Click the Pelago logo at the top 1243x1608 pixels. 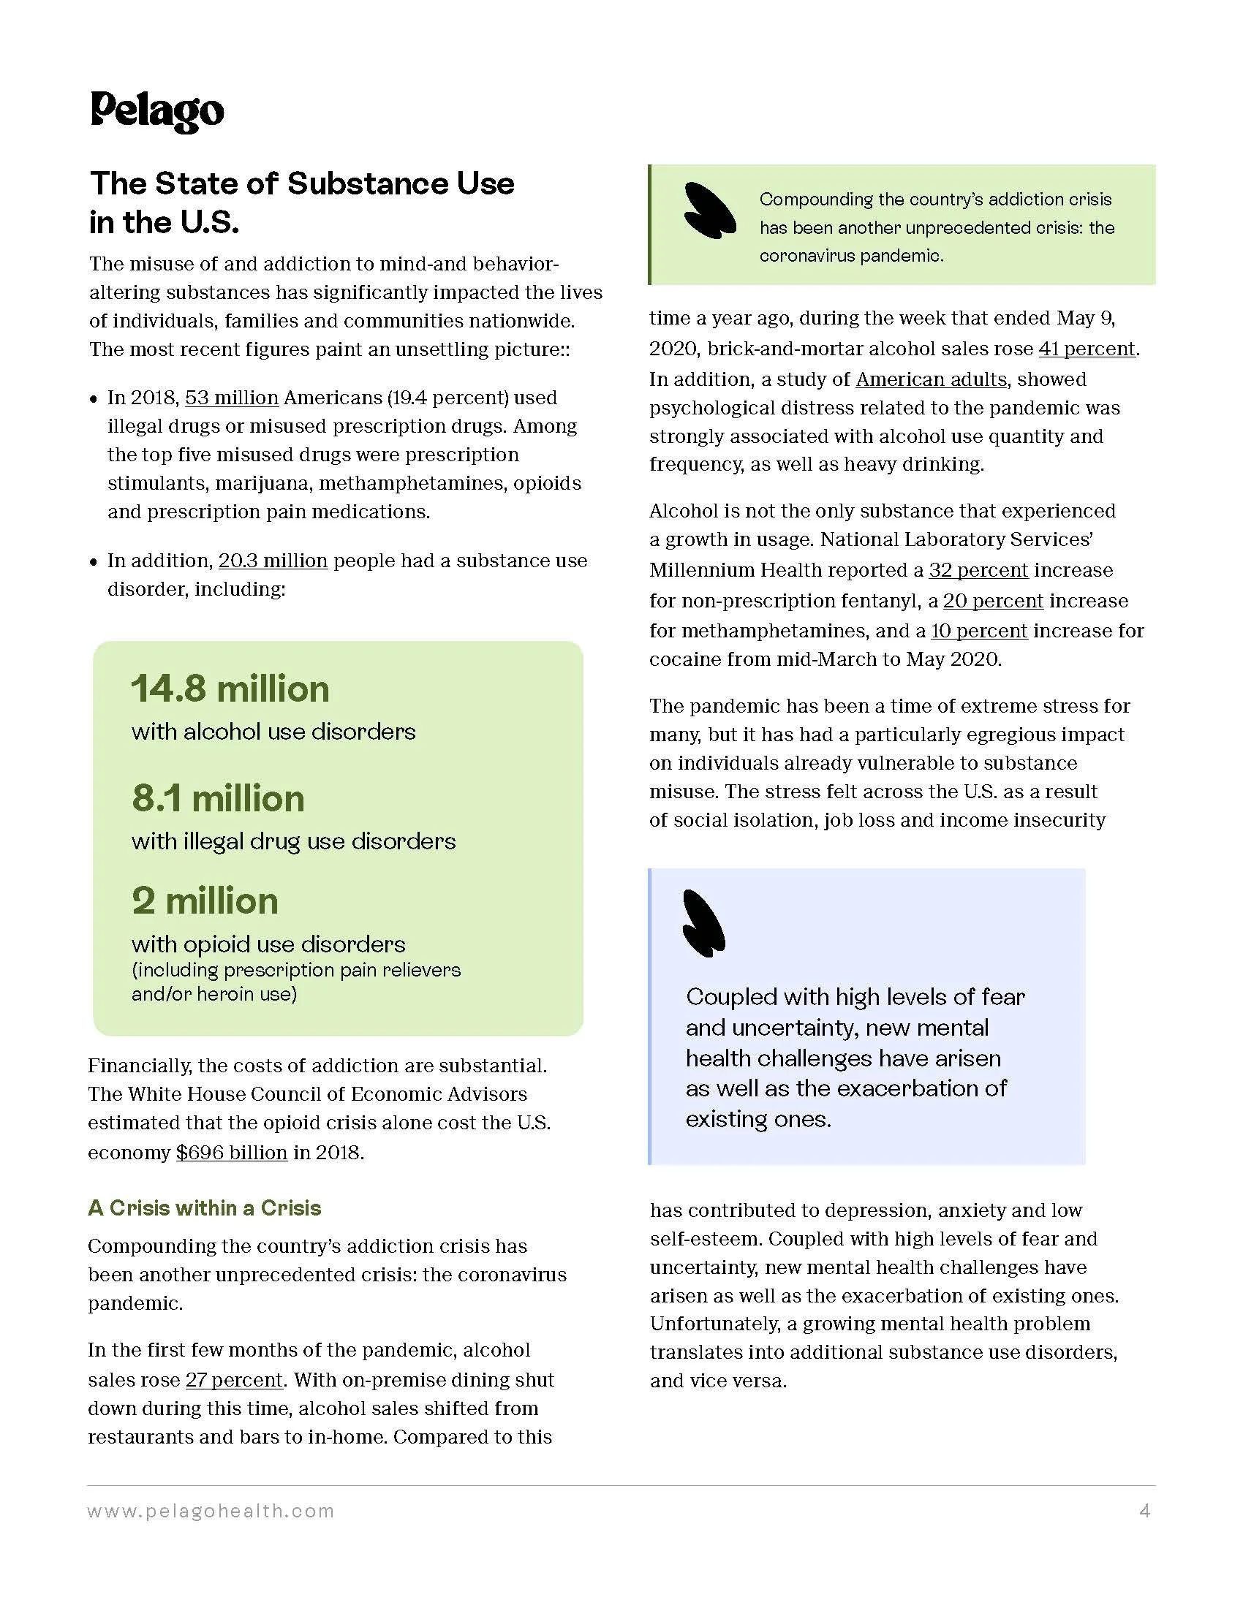click(157, 112)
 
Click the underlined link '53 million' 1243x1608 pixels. click(231, 398)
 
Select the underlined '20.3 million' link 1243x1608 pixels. click(273, 561)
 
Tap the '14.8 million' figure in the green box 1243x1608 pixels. click(230, 689)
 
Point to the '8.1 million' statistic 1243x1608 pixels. click(218, 799)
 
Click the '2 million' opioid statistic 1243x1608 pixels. click(205, 901)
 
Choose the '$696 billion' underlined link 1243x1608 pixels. click(231, 1152)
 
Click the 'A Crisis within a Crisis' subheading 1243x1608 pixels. click(205, 1208)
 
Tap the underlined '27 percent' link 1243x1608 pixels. click(234, 1380)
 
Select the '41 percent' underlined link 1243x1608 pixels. click(1087, 348)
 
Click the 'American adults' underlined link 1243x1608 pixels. click(931, 379)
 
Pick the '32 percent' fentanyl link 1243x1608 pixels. click(978, 570)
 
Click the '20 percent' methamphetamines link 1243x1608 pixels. click(993, 601)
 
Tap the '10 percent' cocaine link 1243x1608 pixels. click(978, 631)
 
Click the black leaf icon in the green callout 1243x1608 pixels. click(710, 211)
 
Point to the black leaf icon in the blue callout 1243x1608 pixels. click(703, 923)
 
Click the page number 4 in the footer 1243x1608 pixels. click(1144, 1512)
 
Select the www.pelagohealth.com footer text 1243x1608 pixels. click(211, 1512)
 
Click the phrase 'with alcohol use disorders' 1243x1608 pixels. click(273, 732)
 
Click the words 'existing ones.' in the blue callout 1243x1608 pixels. click(757, 1120)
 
